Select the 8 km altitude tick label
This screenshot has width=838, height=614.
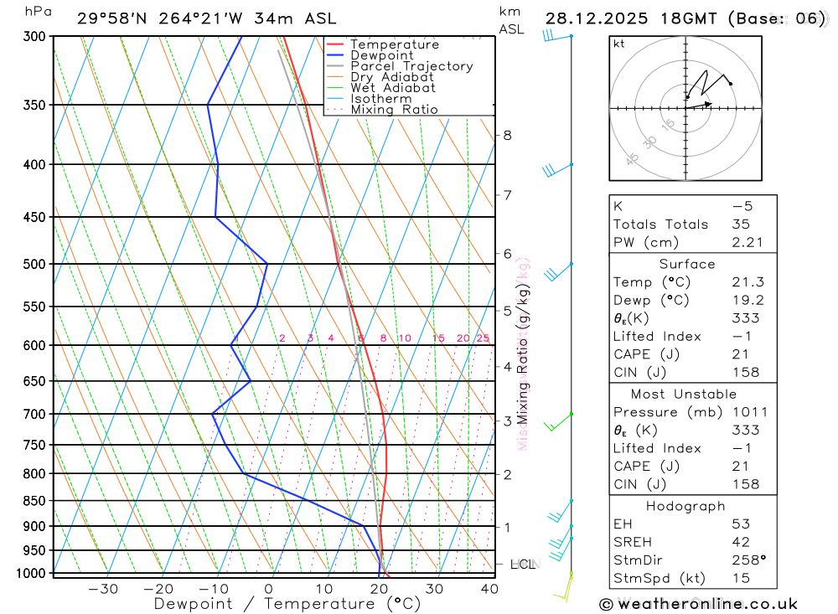(507, 135)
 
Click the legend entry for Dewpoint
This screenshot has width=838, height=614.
(381, 55)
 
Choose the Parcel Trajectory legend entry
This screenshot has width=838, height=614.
(411, 66)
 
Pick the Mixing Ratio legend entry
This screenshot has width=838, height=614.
(394, 110)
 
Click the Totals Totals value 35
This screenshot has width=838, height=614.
(739, 224)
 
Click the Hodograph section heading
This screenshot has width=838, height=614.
(685, 506)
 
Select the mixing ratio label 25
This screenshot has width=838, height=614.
(483, 338)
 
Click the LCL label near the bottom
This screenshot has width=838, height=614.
(523, 565)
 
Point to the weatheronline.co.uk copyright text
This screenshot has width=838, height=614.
(699, 603)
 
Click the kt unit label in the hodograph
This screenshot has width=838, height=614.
(619, 44)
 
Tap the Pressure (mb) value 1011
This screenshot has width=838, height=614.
(745, 412)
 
